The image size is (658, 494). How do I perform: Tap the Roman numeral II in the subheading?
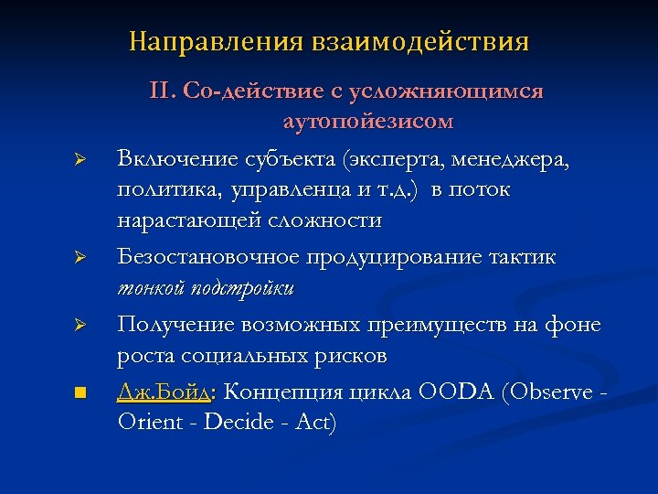[x=161, y=91]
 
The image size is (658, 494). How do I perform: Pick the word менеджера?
[x=522, y=159]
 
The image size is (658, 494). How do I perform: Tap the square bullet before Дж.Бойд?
[x=80, y=392]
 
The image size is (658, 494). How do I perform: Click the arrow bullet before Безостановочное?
[x=80, y=258]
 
